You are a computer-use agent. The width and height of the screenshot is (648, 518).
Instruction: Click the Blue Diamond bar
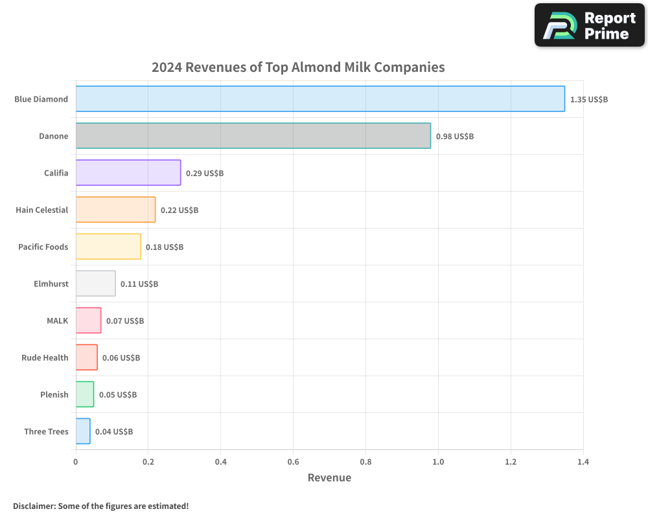tap(320, 99)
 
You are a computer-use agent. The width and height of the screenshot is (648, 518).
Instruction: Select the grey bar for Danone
tap(253, 136)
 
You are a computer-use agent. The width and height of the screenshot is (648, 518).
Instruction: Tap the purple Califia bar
tap(128, 173)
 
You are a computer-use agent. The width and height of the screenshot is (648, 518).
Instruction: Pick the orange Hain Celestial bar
tap(115, 210)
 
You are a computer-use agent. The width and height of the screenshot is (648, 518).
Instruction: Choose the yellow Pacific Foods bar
tap(108, 247)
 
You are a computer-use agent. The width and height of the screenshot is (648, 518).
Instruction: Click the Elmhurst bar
tap(95, 284)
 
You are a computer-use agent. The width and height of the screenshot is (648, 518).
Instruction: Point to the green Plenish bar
tap(85, 394)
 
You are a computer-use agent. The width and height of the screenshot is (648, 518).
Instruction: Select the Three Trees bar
tap(83, 431)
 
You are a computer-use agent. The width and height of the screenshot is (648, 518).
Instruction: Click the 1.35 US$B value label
tap(588, 100)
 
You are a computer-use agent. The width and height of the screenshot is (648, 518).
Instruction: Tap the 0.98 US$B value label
tap(454, 137)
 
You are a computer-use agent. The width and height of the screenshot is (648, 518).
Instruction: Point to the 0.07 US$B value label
tap(124, 321)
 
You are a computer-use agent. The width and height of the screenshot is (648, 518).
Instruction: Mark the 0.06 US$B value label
tap(121, 358)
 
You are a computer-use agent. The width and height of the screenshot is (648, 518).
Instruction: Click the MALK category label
tap(57, 321)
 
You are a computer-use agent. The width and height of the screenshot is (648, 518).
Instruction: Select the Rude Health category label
tap(45, 357)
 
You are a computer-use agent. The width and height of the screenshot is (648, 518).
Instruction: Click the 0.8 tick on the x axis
tap(365, 462)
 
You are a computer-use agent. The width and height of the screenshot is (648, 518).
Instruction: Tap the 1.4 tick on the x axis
tap(583, 462)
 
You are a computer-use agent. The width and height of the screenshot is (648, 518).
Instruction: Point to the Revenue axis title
tap(329, 478)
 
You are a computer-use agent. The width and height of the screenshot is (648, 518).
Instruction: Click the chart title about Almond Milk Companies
tap(298, 67)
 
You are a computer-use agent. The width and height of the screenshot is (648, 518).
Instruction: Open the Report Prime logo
tap(589, 25)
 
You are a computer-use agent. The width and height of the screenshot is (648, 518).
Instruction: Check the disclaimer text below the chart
tap(100, 506)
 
